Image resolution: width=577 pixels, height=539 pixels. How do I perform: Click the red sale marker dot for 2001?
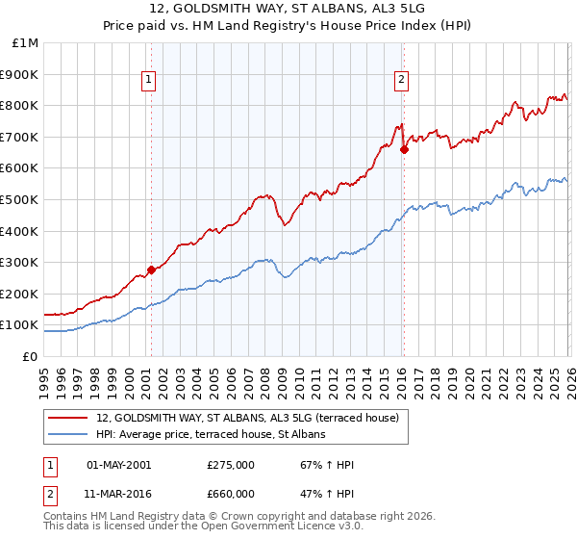(x=151, y=269)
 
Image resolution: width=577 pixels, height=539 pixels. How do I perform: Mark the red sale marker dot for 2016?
(x=404, y=149)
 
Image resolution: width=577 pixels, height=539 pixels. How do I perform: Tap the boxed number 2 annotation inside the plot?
(x=401, y=82)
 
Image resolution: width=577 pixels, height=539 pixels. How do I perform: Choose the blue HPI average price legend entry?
(x=211, y=434)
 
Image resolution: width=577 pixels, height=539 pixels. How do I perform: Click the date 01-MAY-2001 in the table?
(x=119, y=465)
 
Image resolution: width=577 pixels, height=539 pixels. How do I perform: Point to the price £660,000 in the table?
(x=230, y=493)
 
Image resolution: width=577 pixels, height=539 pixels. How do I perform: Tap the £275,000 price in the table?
(x=230, y=465)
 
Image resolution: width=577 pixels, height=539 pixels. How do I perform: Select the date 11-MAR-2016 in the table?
(x=119, y=493)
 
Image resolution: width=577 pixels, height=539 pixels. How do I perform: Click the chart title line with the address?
(x=288, y=10)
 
